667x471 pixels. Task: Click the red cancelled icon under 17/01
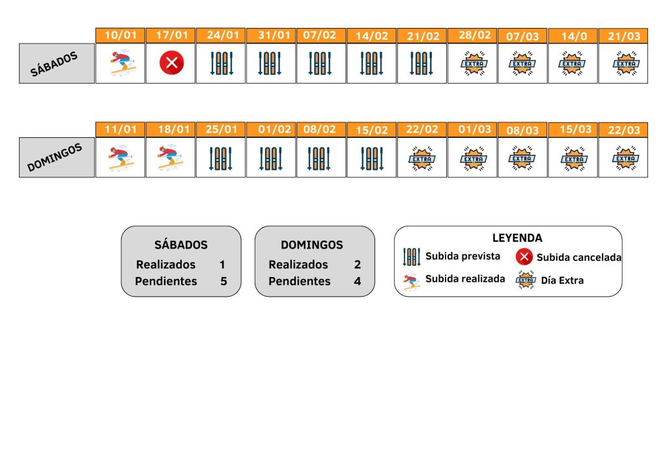click(x=172, y=63)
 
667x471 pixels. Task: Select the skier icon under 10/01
click(x=121, y=63)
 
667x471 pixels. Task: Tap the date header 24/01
click(x=222, y=36)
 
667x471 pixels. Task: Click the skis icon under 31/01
click(x=272, y=63)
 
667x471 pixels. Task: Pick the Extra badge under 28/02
click(x=472, y=63)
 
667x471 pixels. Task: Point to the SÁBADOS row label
click(x=57, y=64)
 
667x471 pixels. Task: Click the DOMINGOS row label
click(x=57, y=157)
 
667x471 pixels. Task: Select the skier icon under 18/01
click(x=171, y=157)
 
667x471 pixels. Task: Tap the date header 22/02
click(x=423, y=129)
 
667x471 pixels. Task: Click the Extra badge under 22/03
click(x=624, y=157)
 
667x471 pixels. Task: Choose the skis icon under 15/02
click(x=372, y=157)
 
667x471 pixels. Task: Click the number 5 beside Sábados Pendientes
click(x=223, y=282)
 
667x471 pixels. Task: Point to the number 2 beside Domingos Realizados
click(x=357, y=265)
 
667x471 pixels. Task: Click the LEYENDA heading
click(x=517, y=238)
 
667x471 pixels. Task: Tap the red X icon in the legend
click(x=524, y=257)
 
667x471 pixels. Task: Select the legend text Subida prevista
click(x=462, y=256)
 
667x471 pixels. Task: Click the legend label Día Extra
click(x=562, y=280)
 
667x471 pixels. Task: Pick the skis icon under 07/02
click(x=322, y=63)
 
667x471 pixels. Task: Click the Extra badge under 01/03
click(x=472, y=157)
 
